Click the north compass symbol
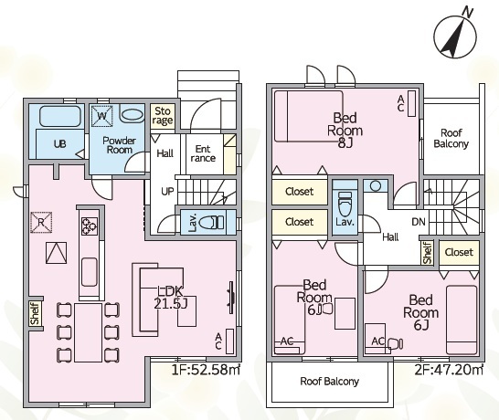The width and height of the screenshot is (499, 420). pos(455,37)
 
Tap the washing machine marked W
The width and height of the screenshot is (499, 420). pos(101,116)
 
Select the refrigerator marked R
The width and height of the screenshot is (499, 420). pos(41,222)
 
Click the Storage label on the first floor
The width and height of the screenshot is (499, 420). pos(163,116)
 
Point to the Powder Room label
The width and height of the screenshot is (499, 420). pos(120,145)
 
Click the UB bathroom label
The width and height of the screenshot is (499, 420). pos(59,144)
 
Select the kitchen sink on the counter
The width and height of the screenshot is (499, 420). pos(90,272)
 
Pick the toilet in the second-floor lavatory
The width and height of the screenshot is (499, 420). pos(345,205)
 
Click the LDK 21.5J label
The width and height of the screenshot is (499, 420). pos(171,297)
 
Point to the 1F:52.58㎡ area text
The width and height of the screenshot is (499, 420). pos(206,370)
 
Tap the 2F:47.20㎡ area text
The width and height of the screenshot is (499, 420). pos(449,370)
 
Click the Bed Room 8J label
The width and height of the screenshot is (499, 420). pos(345,131)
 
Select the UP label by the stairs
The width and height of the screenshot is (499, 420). pos(167,192)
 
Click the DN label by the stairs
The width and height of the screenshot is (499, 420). pos(419,222)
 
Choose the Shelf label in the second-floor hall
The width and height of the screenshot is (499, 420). pos(428,253)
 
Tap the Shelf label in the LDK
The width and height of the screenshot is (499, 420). pos(35,313)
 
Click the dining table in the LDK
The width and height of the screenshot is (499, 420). pos(88,332)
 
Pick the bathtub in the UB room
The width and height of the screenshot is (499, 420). pos(60,116)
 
